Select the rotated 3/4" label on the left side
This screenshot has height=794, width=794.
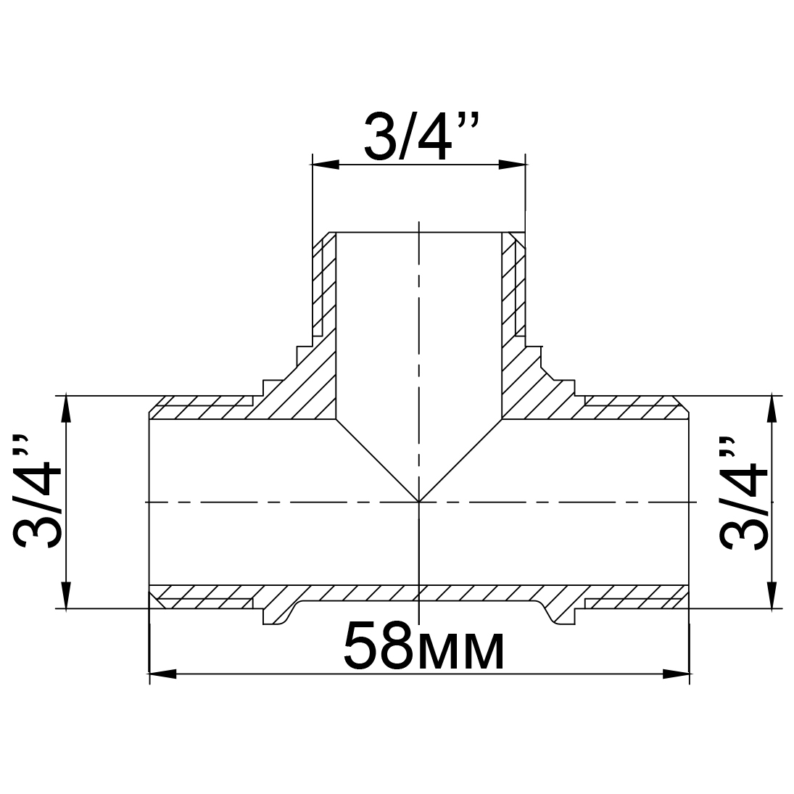[x=38, y=491]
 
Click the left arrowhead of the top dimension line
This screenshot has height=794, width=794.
[x=325, y=165]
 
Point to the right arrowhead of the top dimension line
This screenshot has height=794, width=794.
[x=512, y=165]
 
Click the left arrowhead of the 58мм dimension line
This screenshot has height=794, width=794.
[x=163, y=674]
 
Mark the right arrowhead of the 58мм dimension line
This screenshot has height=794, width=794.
[x=676, y=674]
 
